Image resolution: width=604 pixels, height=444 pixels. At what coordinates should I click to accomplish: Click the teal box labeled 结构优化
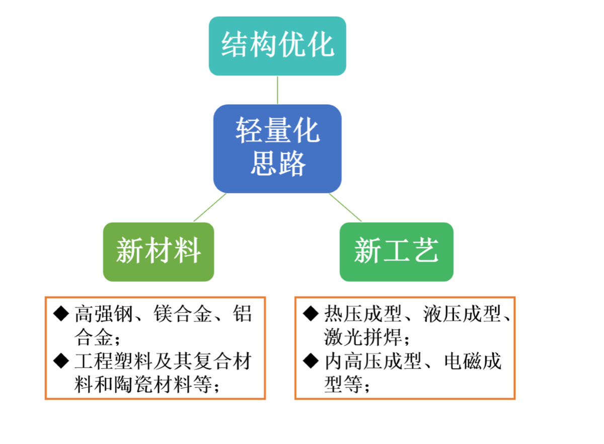coord(277,46)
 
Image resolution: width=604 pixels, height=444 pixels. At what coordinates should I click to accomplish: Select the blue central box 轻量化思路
coord(277,149)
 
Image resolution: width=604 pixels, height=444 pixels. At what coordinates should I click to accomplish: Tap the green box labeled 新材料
coord(159,252)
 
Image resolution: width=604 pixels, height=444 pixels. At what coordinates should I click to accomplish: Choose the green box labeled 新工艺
coord(397,252)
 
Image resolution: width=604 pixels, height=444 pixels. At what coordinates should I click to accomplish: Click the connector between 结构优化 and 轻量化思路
coord(277,90)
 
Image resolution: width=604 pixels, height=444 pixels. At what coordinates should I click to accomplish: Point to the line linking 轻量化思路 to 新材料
coord(210,207)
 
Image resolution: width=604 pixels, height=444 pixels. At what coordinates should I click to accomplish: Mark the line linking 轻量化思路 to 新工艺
coord(345,207)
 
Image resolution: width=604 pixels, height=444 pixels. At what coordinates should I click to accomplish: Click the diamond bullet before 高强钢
coord(61,314)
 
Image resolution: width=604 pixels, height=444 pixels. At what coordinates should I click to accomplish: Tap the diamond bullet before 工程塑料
coord(61,360)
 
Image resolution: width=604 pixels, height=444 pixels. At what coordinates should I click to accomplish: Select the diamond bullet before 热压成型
coord(311,314)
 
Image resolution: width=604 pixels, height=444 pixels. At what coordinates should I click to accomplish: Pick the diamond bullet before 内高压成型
coord(311,360)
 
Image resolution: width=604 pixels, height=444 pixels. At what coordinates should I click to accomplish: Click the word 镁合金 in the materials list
coord(183,314)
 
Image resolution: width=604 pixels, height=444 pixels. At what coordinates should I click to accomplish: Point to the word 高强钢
coord(104,314)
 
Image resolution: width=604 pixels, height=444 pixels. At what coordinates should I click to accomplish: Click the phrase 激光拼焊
coord(363,337)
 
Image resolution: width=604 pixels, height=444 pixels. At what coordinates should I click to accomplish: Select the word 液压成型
coord(462,314)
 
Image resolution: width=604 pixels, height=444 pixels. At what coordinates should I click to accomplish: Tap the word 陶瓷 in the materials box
coord(133,385)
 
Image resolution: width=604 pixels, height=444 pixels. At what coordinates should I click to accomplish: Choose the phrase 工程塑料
coord(114,361)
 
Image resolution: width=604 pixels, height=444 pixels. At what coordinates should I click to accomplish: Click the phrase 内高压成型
coord(373,361)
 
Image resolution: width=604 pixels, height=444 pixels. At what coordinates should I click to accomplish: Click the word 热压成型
coord(363,314)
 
